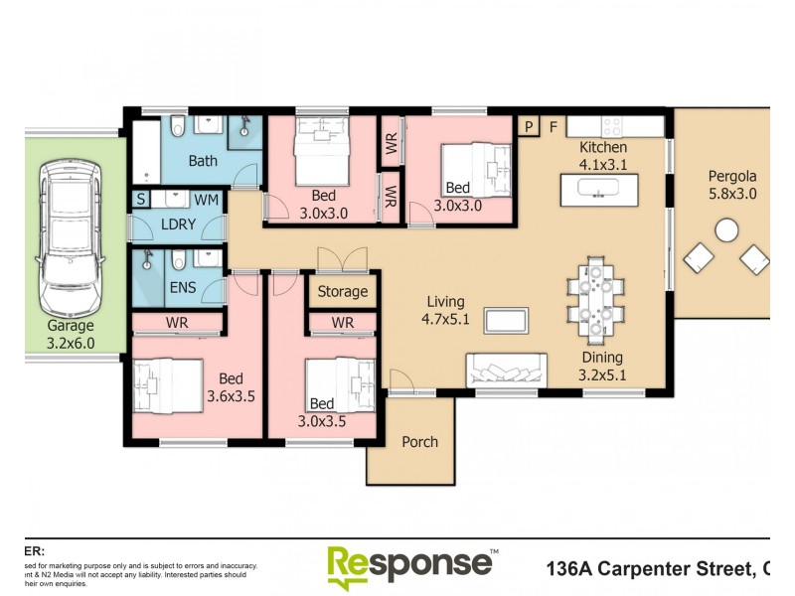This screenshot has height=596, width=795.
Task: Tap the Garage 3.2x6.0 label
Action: coord(71,334)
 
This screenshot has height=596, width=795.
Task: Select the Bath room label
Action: coord(203,161)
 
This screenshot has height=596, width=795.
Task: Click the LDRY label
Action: coord(179,224)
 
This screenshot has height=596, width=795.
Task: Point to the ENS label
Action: coord(183,289)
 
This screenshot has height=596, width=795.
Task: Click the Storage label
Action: coord(342,292)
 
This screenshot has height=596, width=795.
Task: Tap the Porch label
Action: coord(419,441)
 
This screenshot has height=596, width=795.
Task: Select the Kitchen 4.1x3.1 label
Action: coord(603,157)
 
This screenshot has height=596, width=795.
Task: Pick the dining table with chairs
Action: coord(596,295)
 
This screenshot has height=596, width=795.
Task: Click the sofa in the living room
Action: coord(505,370)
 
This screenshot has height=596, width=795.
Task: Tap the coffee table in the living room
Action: coord(506,320)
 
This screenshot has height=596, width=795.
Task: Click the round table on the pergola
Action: coord(726,230)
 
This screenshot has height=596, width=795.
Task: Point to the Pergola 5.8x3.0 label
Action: coord(732,186)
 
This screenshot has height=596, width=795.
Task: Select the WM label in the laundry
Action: coord(207,200)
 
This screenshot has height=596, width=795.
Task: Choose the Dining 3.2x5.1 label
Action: coord(602,366)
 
